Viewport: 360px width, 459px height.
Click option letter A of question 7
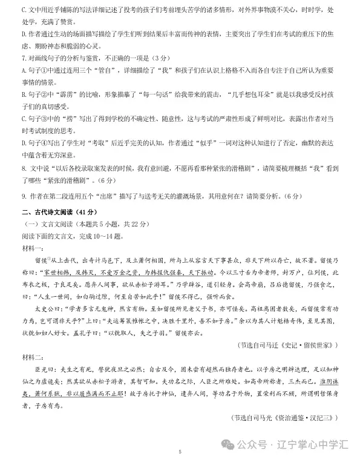click(x=24, y=70)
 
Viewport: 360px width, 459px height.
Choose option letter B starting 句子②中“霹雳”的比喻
click(x=24, y=93)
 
